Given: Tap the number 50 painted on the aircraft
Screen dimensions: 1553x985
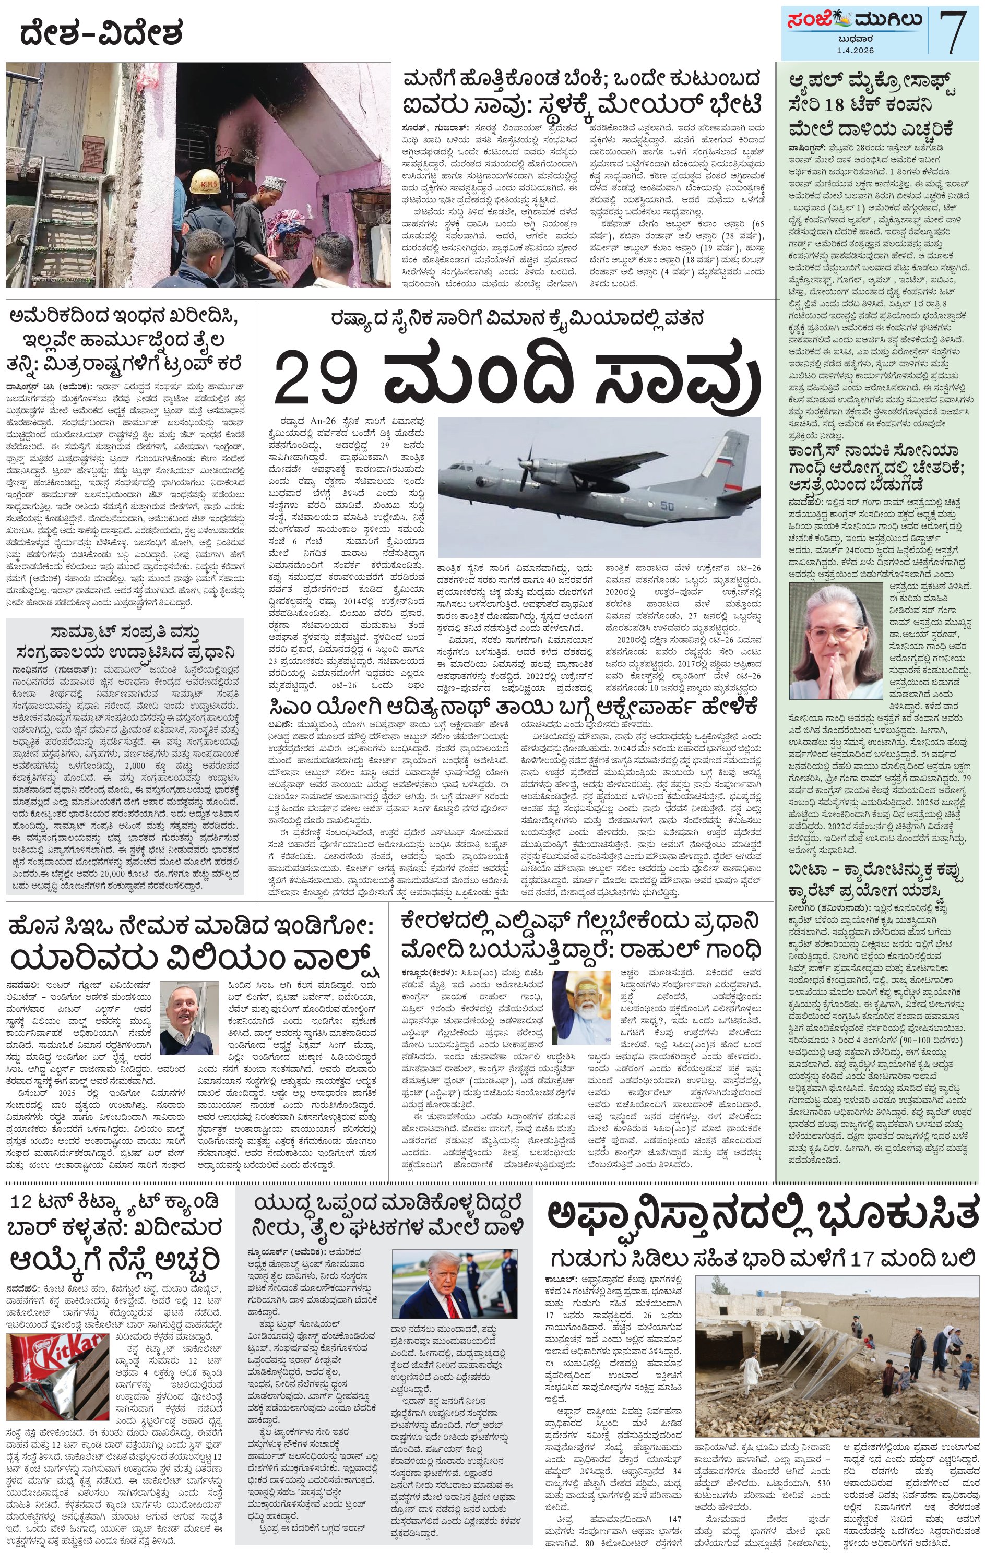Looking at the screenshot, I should (x=667, y=506).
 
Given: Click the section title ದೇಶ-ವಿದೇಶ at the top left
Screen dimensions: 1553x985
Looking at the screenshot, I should (x=101, y=33).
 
